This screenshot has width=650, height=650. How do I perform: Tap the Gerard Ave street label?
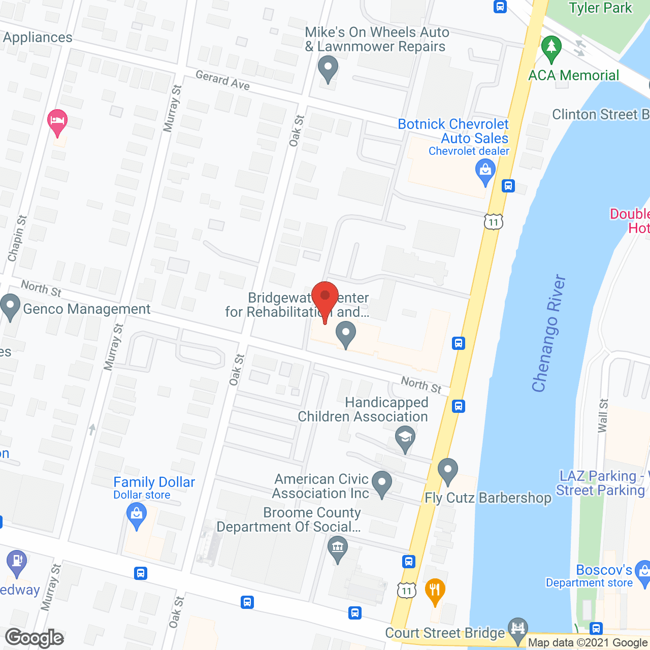[222, 80]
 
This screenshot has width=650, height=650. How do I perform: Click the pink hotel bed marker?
[57, 121]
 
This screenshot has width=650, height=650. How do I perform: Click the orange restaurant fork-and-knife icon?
[435, 590]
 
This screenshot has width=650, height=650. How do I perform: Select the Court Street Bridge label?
[445, 633]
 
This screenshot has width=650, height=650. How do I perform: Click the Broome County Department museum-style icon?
[338, 548]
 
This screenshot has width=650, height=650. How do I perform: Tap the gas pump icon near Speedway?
[17, 562]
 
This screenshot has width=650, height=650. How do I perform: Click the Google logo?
[35, 638]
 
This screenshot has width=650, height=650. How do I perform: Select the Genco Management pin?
[10, 307]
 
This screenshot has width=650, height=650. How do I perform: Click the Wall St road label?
[603, 415]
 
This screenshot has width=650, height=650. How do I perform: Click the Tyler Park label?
[600, 8]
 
